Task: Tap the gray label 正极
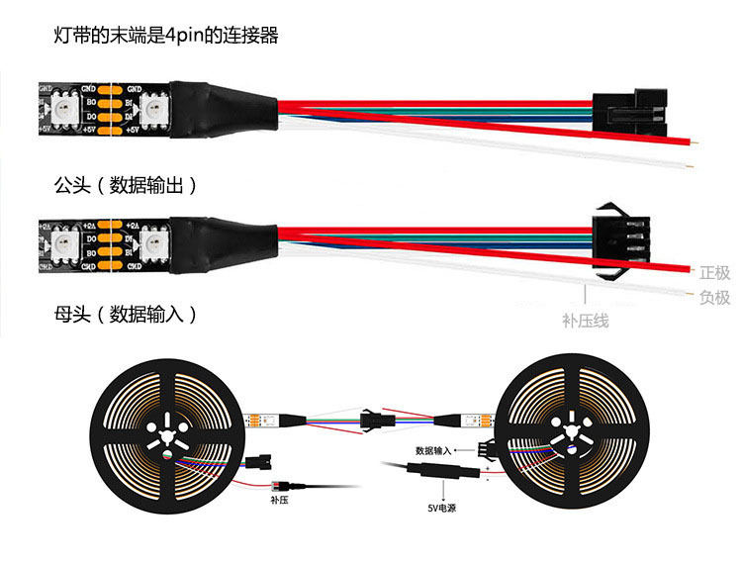click(714, 273)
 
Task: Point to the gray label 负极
click(714, 297)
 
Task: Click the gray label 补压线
click(585, 320)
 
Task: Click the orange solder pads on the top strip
click(109, 108)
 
